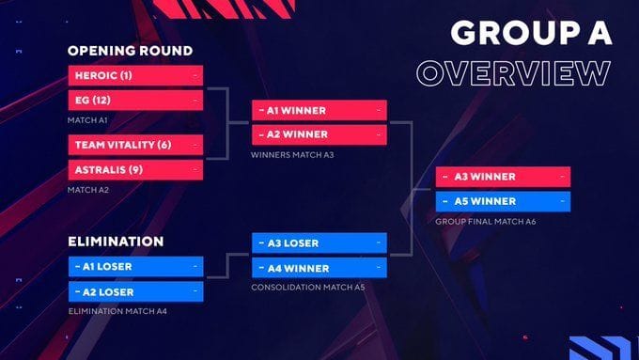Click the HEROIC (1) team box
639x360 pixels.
(x=135, y=74)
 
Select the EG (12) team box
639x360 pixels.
(x=135, y=99)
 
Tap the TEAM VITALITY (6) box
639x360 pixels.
(x=135, y=145)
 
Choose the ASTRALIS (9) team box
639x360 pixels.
(x=135, y=169)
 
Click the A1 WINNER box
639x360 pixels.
(x=319, y=110)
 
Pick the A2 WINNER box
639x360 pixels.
(x=319, y=133)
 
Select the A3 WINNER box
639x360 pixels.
(x=504, y=177)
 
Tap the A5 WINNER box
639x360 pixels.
(x=504, y=200)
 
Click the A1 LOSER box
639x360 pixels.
(x=135, y=266)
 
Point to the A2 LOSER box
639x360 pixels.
(x=135, y=290)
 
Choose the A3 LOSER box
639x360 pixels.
(x=319, y=243)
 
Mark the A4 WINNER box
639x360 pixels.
(x=319, y=268)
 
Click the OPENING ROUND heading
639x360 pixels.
(x=130, y=51)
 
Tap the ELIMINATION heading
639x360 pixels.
(x=116, y=242)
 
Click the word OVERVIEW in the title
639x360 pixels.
(x=514, y=73)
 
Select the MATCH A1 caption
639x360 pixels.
(x=88, y=119)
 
